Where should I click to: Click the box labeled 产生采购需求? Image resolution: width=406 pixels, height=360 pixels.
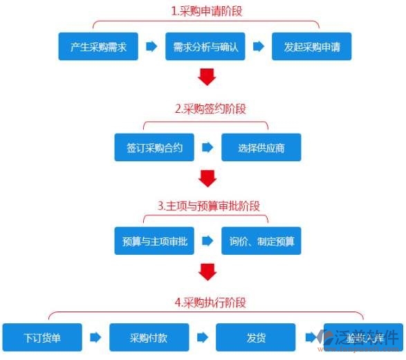click(98, 47)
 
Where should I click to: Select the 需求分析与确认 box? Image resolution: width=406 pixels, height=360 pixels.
click(204, 47)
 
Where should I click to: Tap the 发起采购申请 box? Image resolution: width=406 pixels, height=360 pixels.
click(311, 47)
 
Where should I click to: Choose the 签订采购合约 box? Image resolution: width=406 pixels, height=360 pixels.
click(155, 147)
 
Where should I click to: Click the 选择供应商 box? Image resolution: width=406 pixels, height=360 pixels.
click(261, 147)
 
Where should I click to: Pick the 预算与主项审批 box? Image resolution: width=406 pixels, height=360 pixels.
click(155, 241)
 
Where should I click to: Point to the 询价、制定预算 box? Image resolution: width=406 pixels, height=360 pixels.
click(261, 241)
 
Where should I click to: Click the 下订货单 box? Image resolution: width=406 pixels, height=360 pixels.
click(42, 338)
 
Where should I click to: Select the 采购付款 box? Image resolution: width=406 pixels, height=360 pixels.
click(149, 338)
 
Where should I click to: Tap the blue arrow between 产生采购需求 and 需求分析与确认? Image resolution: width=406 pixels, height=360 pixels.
click(151, 47)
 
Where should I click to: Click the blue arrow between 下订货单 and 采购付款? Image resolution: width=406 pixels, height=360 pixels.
click(95, 338)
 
